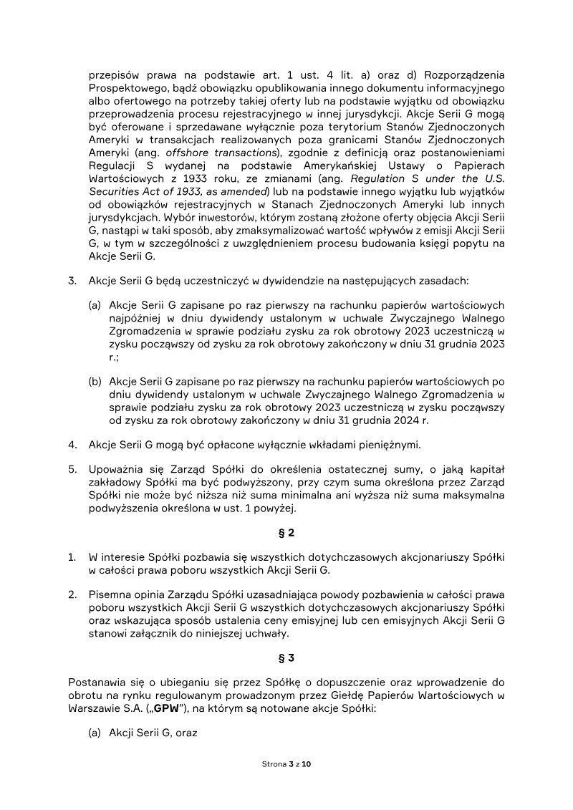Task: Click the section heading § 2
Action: [x=286, y=533]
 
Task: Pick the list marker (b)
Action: [x=95, y=382]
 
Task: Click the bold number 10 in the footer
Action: [x=307, y=764]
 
